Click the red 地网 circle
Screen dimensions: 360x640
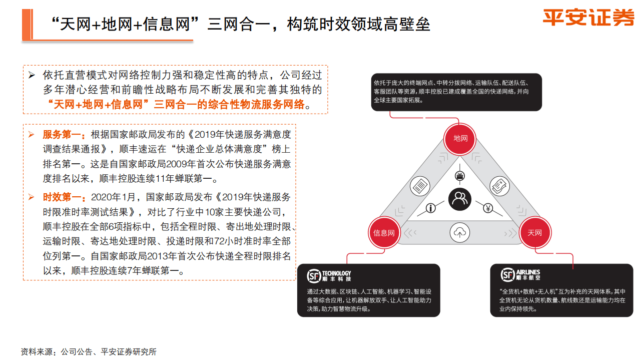pyautogui.click(x=460, y=138)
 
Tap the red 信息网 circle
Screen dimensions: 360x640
pyautogui.click(x=384, y=233)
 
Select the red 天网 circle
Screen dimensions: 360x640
pyautogui.click(x=534, y=233)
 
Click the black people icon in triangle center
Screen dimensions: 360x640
pyautogui.click(x=459, y=199)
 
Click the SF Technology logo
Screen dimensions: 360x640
pyautogui.click(x=329, y=276)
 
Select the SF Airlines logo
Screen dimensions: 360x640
pyautogui.click(x=520, y=275)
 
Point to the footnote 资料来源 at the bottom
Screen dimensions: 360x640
pyautogui.click(x=88, y=352)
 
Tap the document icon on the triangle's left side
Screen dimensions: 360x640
pyautogui.click(x=420, y=186)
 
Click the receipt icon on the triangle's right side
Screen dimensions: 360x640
pyautogui.click(x=499, y=186)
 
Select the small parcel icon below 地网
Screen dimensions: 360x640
pyautogui.click(x=459, y=176)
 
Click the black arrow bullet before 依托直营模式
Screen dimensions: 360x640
pyautogui.click(x=32, y=76)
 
